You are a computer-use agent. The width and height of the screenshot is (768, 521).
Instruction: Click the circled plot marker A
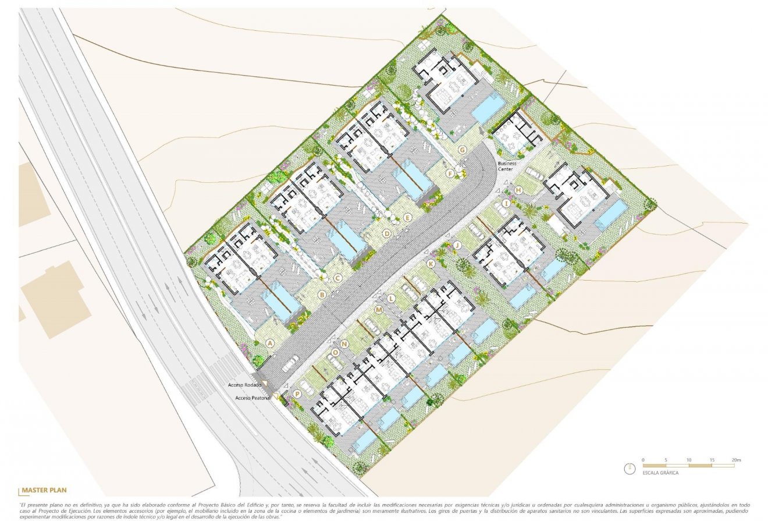pos(269,343)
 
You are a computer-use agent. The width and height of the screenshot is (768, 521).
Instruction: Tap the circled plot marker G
pos(463,150)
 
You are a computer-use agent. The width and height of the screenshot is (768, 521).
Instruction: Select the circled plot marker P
pos(297,394)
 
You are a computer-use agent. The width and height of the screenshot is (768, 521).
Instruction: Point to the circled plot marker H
pos(518,190)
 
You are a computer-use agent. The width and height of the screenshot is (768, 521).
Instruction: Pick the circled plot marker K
pos(431,264)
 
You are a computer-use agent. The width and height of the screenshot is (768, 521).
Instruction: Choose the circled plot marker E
pos(407,218)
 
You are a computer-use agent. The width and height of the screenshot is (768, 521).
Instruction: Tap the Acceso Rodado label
pos(244,385)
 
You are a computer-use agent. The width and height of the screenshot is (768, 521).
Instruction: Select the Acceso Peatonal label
pos(252,398)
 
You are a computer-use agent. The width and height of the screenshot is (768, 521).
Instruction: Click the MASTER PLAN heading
pos(45,490)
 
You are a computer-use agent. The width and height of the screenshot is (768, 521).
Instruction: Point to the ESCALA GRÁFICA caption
pos(660,473)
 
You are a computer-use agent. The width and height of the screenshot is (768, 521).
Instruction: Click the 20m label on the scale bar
pos(736,460)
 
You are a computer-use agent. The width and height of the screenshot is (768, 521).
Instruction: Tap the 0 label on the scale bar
pos(643,460)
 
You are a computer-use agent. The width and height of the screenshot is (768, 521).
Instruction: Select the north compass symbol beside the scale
pos(629,469)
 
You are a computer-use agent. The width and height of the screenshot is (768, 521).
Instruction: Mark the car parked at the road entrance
pos(290,363)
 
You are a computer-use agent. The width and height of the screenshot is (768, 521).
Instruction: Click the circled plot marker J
pos(457,245)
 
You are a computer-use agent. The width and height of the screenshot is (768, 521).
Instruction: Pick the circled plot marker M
pos(378,310)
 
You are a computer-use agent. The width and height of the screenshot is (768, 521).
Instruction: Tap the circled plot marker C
pos(337,278)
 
